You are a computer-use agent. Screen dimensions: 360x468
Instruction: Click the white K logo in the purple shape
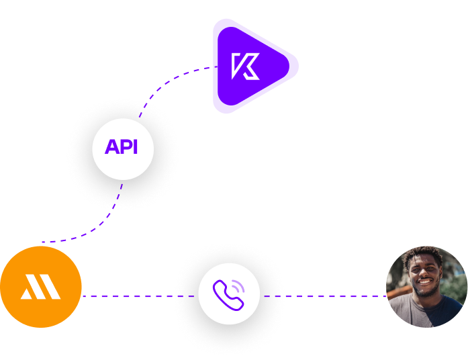coord(245,66)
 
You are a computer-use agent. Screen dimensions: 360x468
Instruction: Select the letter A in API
coord(111,147)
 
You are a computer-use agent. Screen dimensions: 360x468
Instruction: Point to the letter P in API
coord(125,147)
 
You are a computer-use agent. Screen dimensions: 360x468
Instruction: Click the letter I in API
coord(135,147)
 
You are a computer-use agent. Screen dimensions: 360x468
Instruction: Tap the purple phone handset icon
coord(225,294)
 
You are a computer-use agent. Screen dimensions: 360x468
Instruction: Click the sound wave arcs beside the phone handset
coord(238,286)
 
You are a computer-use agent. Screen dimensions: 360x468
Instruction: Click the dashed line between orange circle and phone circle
coord(134,296)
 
